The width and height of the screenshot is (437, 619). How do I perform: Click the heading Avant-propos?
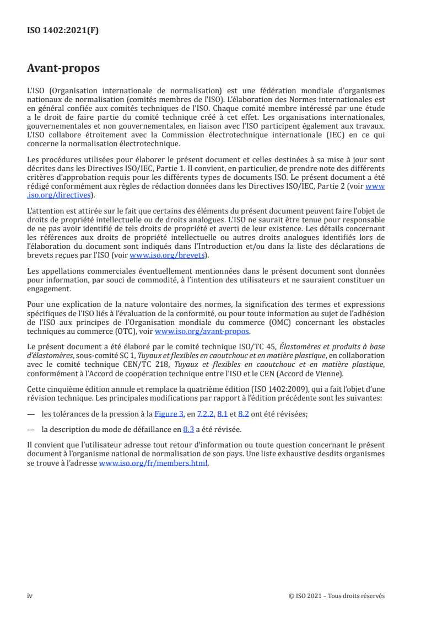[63, 68]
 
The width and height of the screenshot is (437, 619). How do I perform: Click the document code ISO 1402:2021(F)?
[63, 30]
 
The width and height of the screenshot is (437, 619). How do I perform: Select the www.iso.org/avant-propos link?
[202, 332]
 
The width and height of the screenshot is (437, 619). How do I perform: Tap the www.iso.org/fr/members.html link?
[153, 464]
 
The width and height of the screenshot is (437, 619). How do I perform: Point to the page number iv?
[30, 596]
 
